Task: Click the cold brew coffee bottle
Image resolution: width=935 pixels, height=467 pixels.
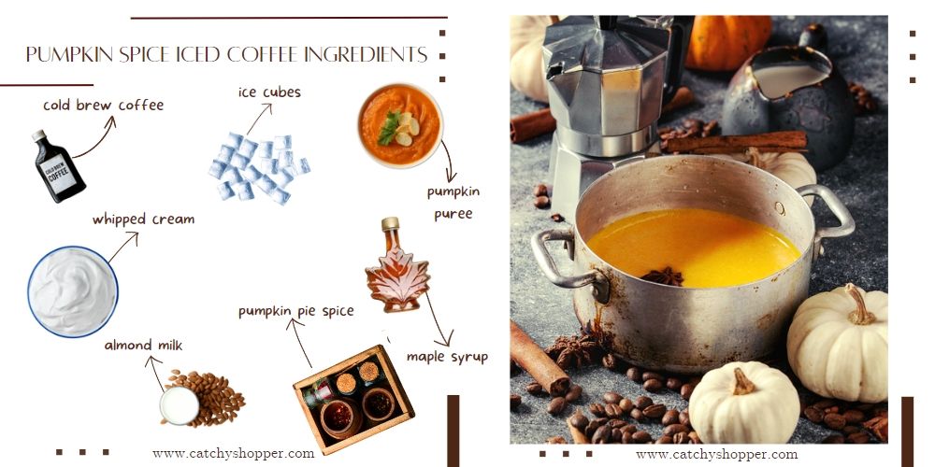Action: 58,167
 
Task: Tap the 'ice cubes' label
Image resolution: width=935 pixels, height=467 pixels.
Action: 269,92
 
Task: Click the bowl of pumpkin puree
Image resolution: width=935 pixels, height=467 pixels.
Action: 400,125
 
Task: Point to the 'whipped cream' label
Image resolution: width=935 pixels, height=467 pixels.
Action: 143,219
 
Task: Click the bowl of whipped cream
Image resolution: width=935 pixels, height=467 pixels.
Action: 73,290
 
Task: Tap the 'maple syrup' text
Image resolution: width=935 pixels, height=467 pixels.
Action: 447,357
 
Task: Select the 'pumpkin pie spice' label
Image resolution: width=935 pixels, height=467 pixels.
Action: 295,311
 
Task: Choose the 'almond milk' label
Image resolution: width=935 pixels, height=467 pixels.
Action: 143,346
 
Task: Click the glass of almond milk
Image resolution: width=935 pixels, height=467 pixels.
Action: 179,405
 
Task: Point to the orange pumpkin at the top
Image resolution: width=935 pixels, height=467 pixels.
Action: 728,42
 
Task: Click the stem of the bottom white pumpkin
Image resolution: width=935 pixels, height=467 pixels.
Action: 743,381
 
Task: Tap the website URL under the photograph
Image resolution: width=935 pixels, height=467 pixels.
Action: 716,454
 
